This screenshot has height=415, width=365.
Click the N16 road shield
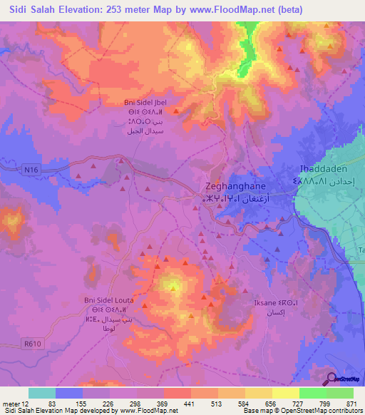pos(29,169)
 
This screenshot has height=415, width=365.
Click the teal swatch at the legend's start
pos(42,393)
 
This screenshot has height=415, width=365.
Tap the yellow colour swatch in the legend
pos(285,393)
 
